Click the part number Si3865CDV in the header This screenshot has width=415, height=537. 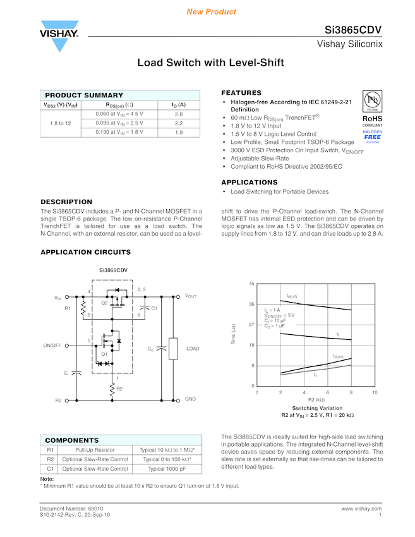353,30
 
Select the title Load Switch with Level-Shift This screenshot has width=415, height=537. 211,63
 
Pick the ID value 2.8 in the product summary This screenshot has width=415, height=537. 179,114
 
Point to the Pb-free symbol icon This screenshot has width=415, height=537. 372,101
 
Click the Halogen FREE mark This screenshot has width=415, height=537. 372,136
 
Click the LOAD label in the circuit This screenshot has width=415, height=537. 193,349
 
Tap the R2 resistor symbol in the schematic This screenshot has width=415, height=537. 112,389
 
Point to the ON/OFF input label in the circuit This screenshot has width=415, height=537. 52,346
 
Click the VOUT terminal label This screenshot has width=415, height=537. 191,296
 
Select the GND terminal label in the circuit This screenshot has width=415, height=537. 190,400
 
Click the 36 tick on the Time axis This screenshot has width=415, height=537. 251,304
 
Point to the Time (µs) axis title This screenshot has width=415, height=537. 234,334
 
